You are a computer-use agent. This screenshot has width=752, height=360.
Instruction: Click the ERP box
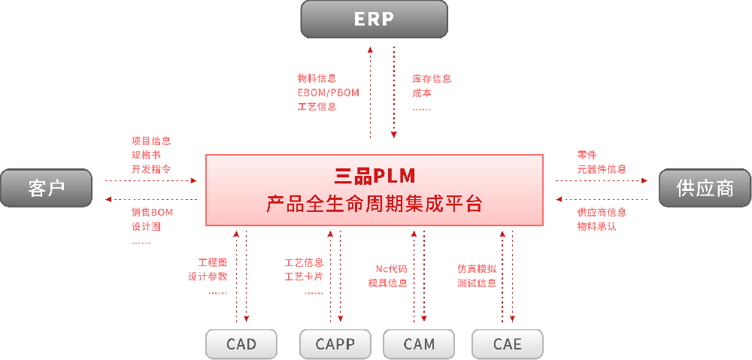point(374,19)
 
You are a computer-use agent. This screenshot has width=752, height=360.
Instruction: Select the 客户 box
point(46,188)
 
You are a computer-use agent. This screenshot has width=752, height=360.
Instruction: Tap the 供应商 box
point(705,188)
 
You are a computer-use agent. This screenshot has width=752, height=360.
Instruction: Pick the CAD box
point(241,344)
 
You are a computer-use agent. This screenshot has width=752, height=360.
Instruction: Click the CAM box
point(419,344)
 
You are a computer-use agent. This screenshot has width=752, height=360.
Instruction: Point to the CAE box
point(508,344)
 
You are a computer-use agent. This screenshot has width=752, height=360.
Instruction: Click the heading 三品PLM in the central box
point(374,176)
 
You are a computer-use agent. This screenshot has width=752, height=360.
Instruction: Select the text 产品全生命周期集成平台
point(374,204)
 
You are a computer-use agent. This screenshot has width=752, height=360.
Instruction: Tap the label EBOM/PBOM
point(329,92)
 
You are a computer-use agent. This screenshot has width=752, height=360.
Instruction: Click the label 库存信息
point(432,78)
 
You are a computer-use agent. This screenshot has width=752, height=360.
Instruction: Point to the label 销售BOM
point(152,212)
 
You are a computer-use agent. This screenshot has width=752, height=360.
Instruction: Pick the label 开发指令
point(151,169)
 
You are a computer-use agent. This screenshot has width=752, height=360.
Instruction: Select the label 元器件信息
point(602,169)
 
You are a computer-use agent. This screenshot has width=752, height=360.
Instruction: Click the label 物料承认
point(597,226)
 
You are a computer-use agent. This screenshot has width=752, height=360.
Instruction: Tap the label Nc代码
point(392,268)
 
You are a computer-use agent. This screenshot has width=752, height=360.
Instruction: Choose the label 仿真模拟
point(477,268)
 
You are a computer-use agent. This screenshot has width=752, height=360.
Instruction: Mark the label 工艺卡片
point(304,277)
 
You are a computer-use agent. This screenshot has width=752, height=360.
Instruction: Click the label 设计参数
point(208,277)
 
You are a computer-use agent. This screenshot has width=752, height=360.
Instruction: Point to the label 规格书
point(146,155)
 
